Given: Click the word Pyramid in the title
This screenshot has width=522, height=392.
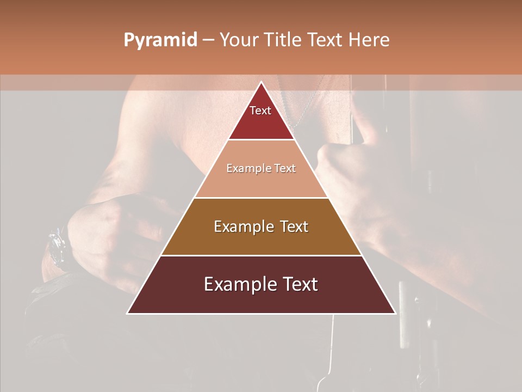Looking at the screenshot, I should [160, 40].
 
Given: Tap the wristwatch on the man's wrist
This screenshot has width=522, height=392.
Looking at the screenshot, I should [57, 248].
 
